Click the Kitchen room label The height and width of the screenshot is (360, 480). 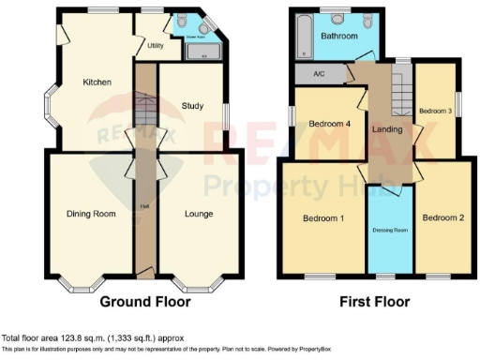pyautogui.click(x=97, y=82)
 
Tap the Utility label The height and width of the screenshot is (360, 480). pyautogui.click(x=156, y=45)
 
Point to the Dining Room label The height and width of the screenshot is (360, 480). pyautogui.click(x=91, y=214)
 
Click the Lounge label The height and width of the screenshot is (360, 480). pyautogui.click(x=199, y=214)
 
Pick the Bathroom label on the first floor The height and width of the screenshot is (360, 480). pyautogui.click(x=338, y=36)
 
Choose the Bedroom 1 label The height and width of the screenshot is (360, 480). pyautogui.click(x=322, y=218)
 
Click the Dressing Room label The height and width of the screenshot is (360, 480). pyautogui.click(x=388, y=229)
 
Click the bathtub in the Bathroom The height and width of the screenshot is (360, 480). pyautogui.click(x=302, y=36)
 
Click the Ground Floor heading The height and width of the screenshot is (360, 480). pyautogui.click(x=145, y=302)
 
